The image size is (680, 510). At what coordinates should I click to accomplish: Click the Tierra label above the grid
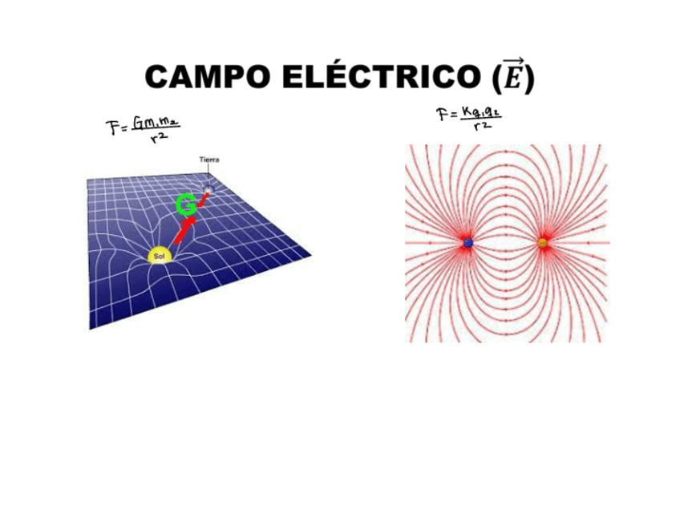208,160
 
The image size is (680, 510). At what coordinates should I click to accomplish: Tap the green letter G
185,206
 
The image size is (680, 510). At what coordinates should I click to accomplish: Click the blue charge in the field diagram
468,242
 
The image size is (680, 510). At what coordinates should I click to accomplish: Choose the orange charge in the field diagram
543,242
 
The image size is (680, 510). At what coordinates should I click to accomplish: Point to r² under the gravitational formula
157,139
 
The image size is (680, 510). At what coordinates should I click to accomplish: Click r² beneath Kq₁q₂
482,126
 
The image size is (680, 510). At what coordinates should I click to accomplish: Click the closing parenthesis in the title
528,78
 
